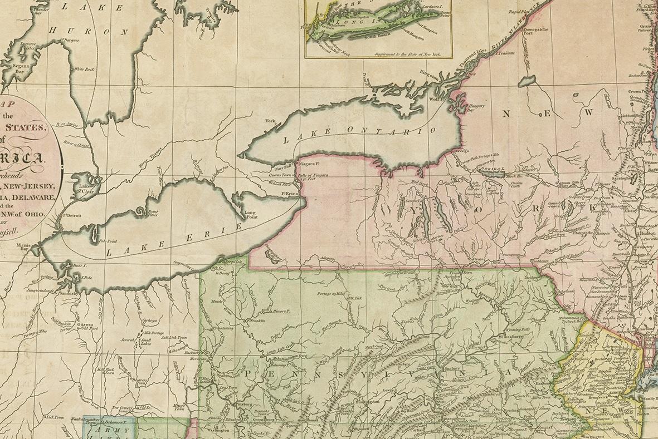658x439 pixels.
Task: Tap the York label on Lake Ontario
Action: (x=271, y=121)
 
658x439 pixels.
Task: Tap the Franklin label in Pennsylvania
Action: (x=255, y=321)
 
